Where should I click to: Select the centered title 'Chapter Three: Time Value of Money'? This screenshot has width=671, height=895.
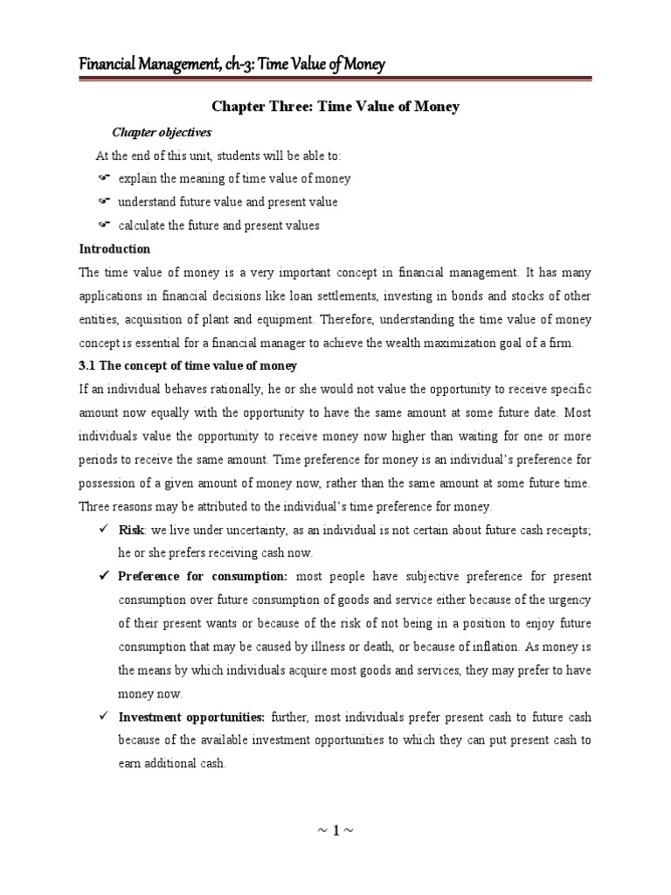pyautogui.click(x=335, y=107)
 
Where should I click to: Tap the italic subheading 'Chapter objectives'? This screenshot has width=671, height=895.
pyautogui.click(x=162, y=132)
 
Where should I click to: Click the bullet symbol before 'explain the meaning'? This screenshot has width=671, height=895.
pyautogui.click(x=103, y=178)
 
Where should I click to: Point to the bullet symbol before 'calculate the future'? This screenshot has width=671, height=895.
pyautogui.click(x=103, y=225)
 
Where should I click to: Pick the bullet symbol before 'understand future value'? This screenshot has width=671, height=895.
pyautogui.click(x=103, y=202)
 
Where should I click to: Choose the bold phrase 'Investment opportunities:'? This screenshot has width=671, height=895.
pyautogui.click(x=191, y=718)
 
